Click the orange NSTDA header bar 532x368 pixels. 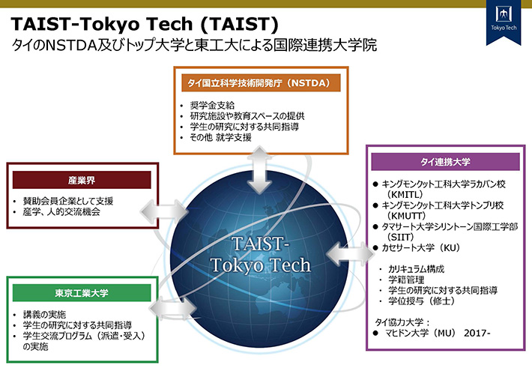click(x=262, y=82)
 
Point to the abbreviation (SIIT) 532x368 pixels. click(x=396, y=236)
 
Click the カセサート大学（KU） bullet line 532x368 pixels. click(x=420, y=247)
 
